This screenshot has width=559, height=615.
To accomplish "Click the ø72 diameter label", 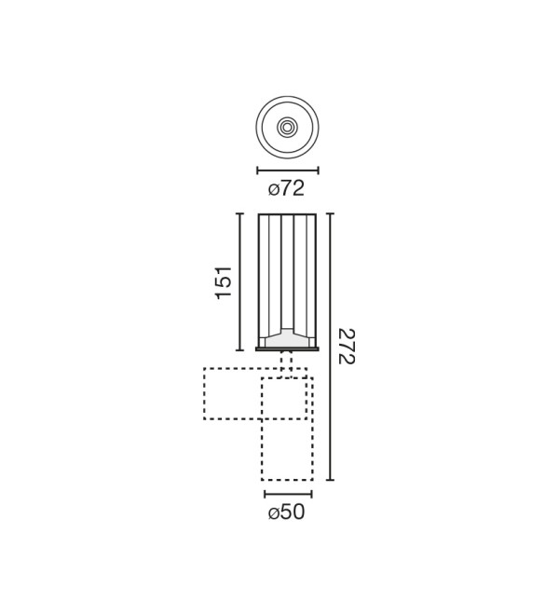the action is tap(286, 188).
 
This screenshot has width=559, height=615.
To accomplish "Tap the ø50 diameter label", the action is tap(286, 512).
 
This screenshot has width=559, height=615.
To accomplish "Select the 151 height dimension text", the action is tap(225, 282).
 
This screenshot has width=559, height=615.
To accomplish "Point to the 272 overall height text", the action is tap(347, 347).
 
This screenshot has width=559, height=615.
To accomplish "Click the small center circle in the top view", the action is tap(288, 127).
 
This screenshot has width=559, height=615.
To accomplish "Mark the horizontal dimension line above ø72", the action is tap(288, 171).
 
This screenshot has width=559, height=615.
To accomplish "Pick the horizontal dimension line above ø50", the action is tap(288, 494).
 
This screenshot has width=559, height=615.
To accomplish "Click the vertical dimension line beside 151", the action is tap(239, 282).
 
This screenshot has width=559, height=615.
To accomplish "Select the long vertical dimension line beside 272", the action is tap(331, 347).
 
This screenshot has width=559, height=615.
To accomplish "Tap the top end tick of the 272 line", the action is tap(331, 213).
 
